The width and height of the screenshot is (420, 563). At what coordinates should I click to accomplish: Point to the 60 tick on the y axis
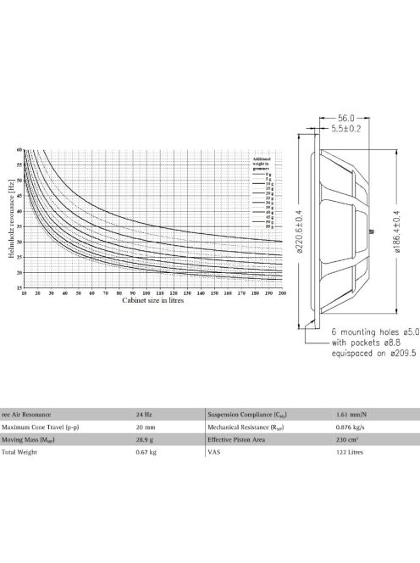pyautogui.click(x=19, y=150)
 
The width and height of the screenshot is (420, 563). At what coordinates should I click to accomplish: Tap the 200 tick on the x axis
pyautogui.click(x=282, y=293)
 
